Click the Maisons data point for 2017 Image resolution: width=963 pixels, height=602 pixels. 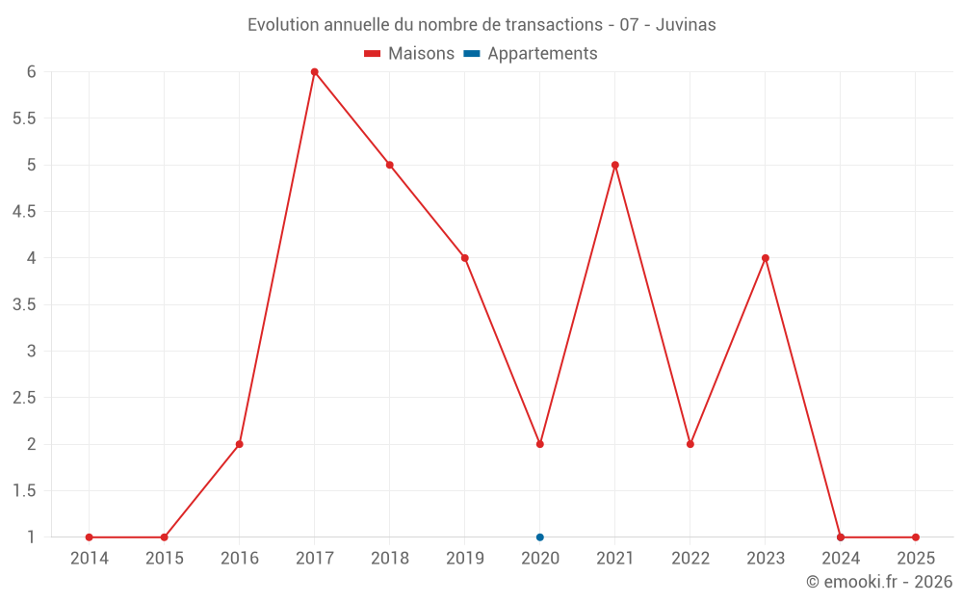[315, 72]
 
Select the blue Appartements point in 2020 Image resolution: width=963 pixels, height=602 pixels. [540, 537]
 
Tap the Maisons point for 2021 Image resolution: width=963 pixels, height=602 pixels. [615, 165]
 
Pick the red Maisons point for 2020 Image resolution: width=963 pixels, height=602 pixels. [540, 444]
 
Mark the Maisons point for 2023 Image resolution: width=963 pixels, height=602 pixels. [766, 258]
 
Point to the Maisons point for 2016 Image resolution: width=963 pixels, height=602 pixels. [240, 444]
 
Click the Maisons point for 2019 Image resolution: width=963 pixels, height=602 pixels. [465, 258]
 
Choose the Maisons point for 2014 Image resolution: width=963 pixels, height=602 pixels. [90, 537]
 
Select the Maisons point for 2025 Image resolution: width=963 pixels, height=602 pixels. [916, 537]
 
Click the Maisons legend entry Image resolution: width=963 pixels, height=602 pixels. [409, 54]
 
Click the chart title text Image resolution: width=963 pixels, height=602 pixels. [481, 25]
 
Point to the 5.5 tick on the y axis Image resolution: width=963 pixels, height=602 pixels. [24, 118]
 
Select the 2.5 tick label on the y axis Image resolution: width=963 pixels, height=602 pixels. [24, 398]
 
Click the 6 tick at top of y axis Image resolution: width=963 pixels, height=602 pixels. [31, 72]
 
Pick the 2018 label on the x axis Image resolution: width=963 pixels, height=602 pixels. [390, 559]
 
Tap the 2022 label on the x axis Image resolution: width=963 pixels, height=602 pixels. [690, 559]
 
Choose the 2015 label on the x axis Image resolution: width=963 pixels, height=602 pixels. [165, 559]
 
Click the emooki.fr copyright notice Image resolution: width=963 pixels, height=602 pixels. [879, 582]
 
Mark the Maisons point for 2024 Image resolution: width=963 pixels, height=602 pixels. [841, 537]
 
